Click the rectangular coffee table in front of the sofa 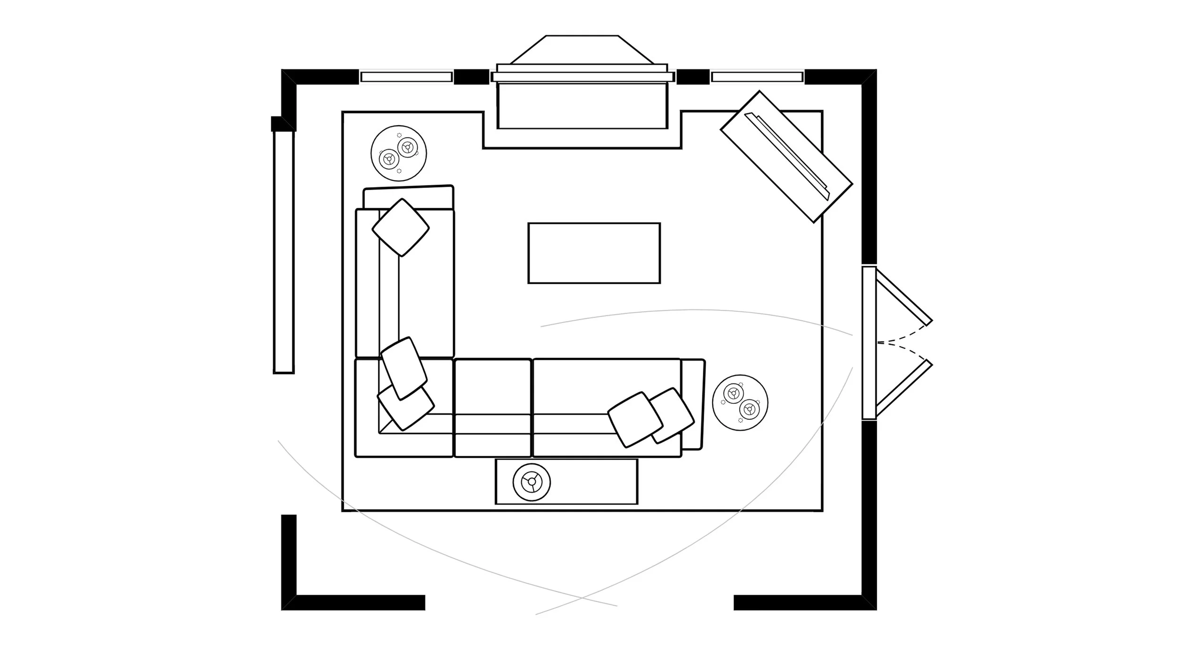[594, 253]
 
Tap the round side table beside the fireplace [399, 153]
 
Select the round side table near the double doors [740, 402]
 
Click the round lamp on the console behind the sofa [531, 482]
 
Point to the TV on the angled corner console [786, 156]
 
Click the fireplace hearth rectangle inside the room [582, 106]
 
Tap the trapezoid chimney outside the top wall [582, 50]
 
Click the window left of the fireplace [406, 77]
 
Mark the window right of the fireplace [757, 77]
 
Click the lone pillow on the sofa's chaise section [401, 228]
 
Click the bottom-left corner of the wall [289, 602]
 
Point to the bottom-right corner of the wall [869, 602]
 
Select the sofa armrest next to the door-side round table [693, 404]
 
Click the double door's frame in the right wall [869, 342]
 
